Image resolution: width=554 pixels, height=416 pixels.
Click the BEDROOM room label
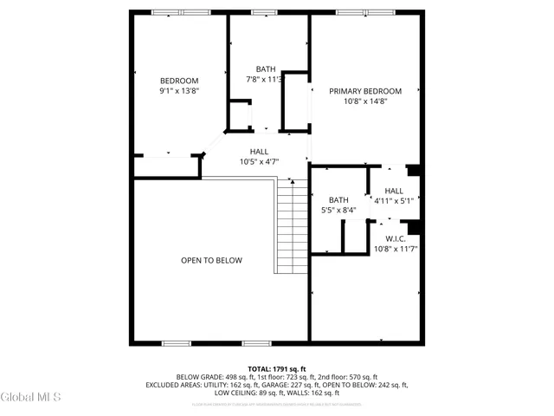click(179, 81)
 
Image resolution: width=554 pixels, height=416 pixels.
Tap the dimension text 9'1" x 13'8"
click(179, 91)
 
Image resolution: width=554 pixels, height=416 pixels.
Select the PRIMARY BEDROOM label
click(364, 91)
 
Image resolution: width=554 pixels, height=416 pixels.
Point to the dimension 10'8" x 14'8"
click(364, 101)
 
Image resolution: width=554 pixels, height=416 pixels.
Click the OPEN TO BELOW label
click(211, 260)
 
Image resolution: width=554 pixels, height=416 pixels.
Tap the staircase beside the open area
click(292, 227)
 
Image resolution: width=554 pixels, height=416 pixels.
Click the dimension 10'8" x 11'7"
click(396, 249)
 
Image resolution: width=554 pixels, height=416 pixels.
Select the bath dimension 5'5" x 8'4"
click(338, 210)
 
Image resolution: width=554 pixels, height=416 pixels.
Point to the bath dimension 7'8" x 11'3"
click(265, 80)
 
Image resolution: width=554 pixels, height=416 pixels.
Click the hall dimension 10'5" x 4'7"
click(259, 161)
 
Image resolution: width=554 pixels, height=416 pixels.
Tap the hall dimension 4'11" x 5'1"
click(394, 201)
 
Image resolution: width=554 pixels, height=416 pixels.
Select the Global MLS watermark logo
click(31, 397)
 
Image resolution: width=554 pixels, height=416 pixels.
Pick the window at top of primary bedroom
click(374, 12)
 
